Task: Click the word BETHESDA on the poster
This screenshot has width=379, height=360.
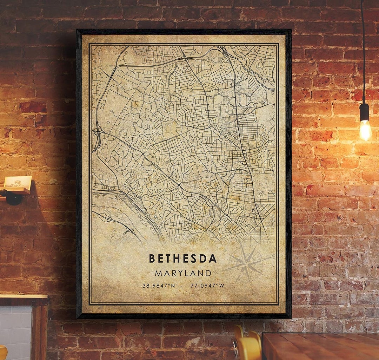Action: pyautogui.click(x=183, y=258)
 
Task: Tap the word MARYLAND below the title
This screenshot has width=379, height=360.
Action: pyautogui.click(x=183, y=273)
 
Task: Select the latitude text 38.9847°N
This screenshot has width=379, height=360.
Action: pyautogui.click(x=159, y=286)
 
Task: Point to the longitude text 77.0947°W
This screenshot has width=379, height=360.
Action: pyautogui.click(x=207, y=286)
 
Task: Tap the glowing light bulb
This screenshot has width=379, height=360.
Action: pyautogui.click(x=365, y=130)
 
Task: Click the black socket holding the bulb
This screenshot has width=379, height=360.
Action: pyautogui.click(x=365, y=112)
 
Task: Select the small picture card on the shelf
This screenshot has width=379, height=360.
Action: pyautogui.click(x=18, y=182)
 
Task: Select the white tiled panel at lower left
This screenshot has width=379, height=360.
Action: pyautogui.click(x=16, y=330)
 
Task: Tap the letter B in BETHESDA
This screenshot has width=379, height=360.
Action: pyautogui.click(x=152, y=258)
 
